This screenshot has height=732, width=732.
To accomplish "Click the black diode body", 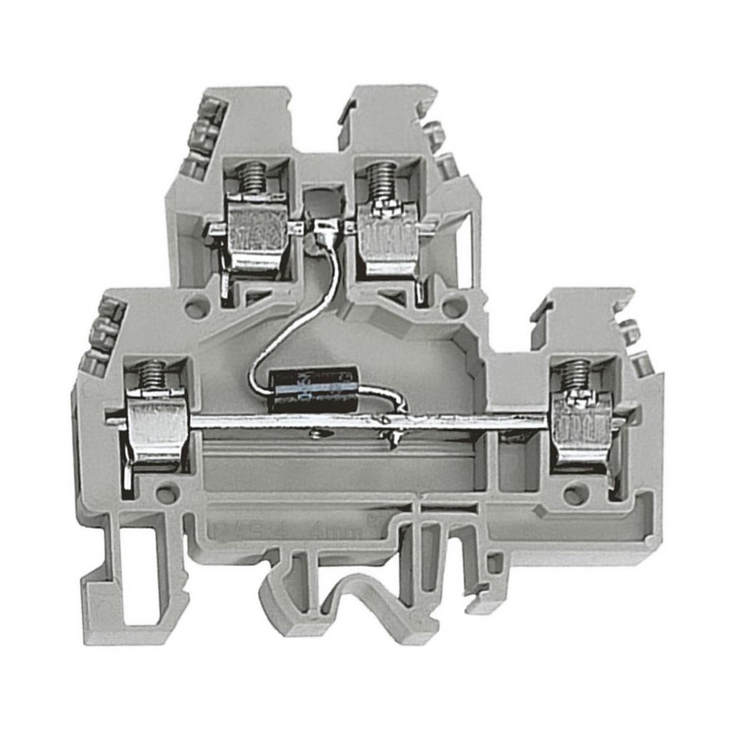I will point(312,390).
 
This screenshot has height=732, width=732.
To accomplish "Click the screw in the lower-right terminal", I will point(575,375).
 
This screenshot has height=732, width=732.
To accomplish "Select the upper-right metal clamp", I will point(388,239).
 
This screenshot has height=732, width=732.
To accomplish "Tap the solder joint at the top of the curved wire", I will point(325,229).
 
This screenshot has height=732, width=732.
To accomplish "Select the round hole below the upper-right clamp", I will point(453,307).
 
